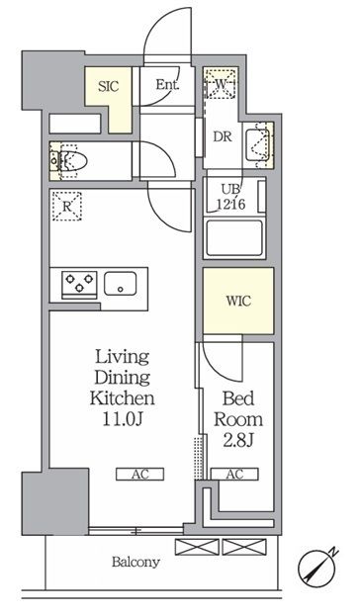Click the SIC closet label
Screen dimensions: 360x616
tap(108, 86)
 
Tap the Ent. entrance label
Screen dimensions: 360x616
tap(167, 84)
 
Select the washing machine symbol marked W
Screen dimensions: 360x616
tap(221, 84)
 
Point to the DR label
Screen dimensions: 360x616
tap(223, 137)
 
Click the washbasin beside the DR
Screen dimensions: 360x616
tap(258, 145)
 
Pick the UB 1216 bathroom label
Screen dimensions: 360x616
tap(231, 197)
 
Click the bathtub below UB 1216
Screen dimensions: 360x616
tap(234, 238)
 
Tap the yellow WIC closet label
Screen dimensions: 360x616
tap(238, 302)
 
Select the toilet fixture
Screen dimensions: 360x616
tap(69, 161)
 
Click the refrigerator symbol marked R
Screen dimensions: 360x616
tap(67, 207)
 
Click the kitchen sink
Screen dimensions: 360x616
tap(121, 283)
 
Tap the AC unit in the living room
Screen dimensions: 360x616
tap(139, 475)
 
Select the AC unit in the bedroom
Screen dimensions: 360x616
tap(234, 475)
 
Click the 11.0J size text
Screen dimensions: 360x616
tap(122, 420)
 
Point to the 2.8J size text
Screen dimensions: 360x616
tap(237, 441)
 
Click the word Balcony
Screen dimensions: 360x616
tap(135, 563)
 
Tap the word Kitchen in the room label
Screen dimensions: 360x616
tap(122, 398)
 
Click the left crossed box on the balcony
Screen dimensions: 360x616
tap(197, 547)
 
